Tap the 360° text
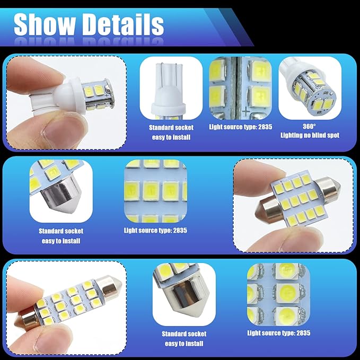pos(309,127)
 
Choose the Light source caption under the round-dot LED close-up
pos(278,333)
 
